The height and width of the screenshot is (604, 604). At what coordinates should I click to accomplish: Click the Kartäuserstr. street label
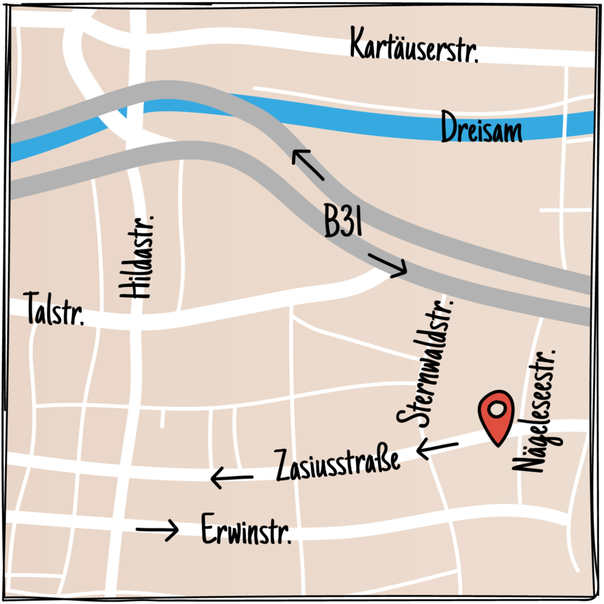coord(413,46)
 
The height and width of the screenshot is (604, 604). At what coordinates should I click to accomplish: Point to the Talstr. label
coord(55,310)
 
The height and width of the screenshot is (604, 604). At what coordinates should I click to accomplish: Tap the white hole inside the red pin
coord(497,410)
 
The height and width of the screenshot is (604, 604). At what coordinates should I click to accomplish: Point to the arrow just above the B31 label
coord(308,165)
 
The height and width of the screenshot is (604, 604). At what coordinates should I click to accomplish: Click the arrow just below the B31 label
coord(388,265)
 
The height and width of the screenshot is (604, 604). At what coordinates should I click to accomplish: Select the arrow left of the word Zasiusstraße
coord(232,476)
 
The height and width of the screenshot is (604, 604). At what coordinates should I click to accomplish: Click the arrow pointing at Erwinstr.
coord(157,530)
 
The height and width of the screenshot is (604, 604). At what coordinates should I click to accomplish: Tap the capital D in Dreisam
coord(449,128)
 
